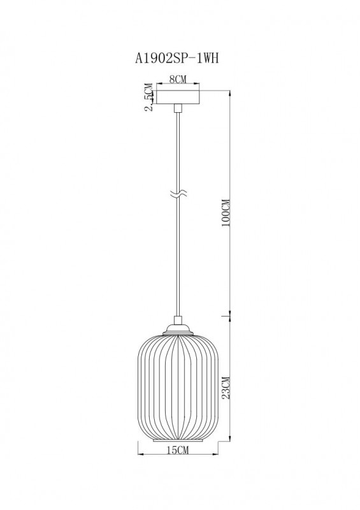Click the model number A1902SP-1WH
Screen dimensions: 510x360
click(179, 57)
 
